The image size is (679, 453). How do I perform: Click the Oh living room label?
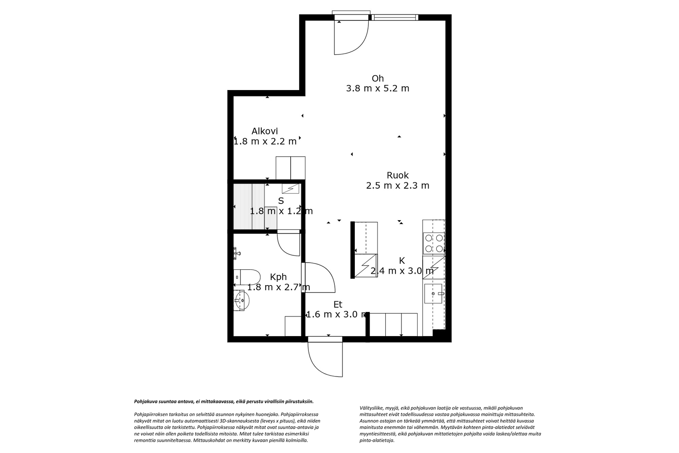(377, 78)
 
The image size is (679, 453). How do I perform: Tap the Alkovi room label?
(264, 131)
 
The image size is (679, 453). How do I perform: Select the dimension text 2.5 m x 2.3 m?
(398, 186)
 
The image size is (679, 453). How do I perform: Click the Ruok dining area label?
(398, 175)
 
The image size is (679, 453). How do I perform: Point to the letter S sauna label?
(281, 201)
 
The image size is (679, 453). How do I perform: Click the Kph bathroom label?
(278, 277)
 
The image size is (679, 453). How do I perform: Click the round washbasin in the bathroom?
(241, 300)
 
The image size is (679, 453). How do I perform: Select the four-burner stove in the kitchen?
(434, 243)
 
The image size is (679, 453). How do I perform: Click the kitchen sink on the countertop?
(433, 293)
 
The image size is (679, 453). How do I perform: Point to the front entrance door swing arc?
(325, 360)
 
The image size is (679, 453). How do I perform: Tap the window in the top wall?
(395, 17)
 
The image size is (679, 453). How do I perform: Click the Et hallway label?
(338, 304)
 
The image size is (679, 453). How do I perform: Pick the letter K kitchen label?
(402, 260)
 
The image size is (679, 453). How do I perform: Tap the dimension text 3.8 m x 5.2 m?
(377, 89)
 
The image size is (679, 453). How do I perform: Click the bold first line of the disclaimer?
(224, 401)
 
